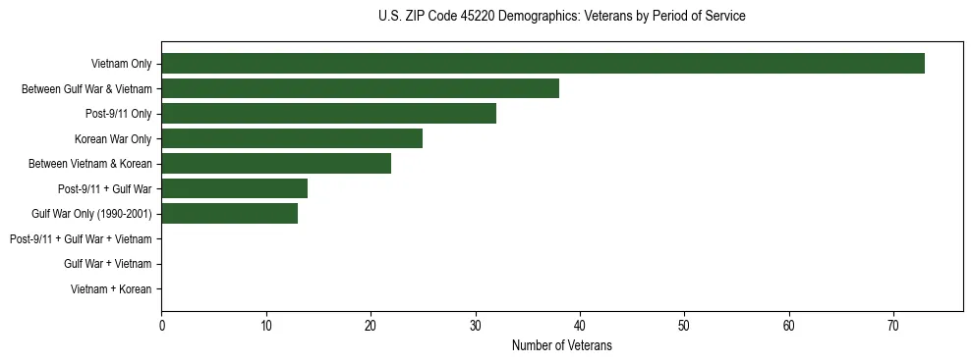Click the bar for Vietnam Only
(543, 64)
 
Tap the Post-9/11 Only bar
(328, 114)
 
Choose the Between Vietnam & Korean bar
(276, 164)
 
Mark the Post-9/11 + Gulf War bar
(234, 188)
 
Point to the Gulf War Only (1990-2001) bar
(229, 214)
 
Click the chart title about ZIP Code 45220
(561, 17)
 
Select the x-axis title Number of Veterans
(561, 345)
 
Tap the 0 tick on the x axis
(161, 326)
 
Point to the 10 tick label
(265, 326)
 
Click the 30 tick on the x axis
(475, 326)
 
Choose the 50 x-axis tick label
(684, 326)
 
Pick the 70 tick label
(893, 326)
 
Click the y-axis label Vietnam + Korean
(111, 289)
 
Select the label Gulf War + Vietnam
(107, 264)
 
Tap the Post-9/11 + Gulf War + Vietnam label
(81, 239)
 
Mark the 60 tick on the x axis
(789, 326)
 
